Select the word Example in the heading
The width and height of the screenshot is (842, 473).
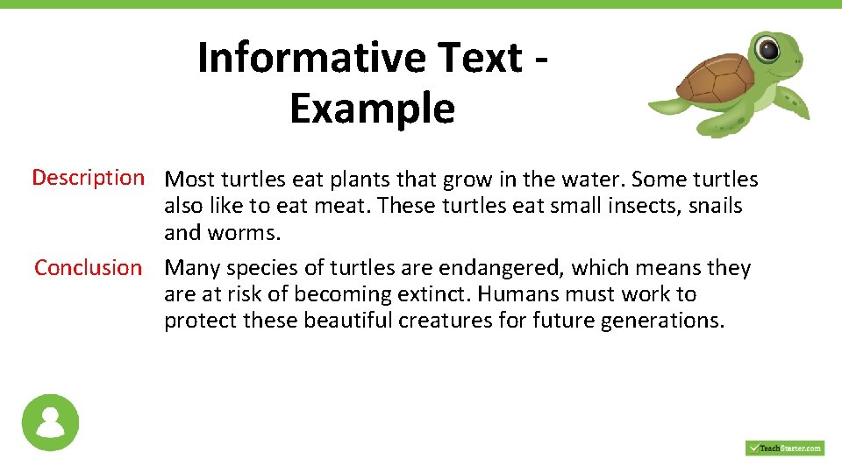[x=372, y=109]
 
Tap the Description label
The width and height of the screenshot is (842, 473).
[x=88, y=178]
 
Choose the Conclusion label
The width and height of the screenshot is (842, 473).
[x=88, y=267]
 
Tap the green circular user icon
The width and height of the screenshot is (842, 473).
[x=50, y=422]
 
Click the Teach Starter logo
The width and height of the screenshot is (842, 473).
[x=784, y=448]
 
